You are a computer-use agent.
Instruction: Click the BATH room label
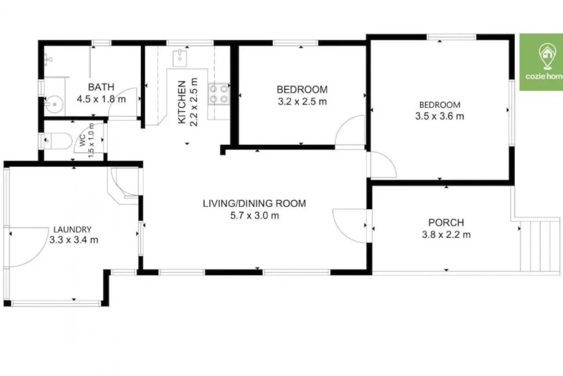tap(101, 87)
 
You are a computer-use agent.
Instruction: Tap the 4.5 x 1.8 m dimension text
tap(101, 99)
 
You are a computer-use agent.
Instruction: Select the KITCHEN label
tap(182, 102)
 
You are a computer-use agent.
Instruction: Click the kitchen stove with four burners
tap(219, 94)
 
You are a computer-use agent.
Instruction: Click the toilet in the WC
tap(57, 140)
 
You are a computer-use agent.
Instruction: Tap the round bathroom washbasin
tap(54, 105)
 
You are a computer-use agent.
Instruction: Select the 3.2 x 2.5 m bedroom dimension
tap(302, 102)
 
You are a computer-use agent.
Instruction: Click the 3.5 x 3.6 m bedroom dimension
tap(439, 116)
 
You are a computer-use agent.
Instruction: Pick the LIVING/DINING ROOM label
tap(254, 204)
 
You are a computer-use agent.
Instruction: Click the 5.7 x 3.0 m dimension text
tap(255, 216)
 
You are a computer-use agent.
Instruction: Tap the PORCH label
tap(446, 222)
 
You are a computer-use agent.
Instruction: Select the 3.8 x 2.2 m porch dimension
tap(446, 235)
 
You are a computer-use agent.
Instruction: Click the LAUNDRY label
tap(73, 230)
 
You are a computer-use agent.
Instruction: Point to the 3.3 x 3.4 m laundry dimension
tap(74, 240)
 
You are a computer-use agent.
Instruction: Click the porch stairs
tap(540, 246)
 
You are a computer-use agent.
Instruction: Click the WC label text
tap(83, 140)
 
